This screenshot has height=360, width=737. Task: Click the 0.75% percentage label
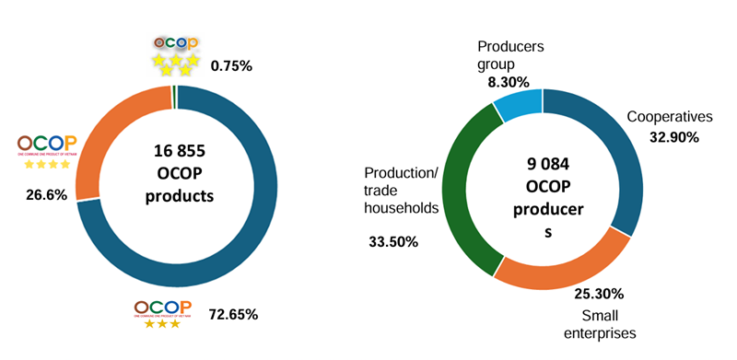point(231,65)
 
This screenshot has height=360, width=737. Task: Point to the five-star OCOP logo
point(173,54)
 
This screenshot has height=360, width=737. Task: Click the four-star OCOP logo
point(46,151)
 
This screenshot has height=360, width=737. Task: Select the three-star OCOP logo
point(162,313)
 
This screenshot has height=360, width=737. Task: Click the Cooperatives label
point(670,117)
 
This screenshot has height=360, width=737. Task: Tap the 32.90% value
point(672,137)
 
